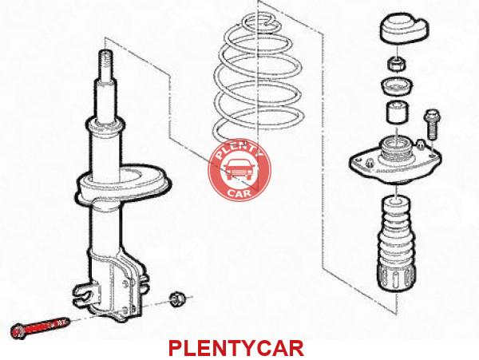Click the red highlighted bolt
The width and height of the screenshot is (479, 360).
[40, 327]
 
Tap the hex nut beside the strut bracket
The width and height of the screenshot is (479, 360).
[176, 299]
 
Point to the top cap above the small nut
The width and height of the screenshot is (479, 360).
[404, 28]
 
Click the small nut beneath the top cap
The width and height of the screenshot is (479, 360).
[397, 64]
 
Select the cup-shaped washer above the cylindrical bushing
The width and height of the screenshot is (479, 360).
[397, 86]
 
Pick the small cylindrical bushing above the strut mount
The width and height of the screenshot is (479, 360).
[397, 113]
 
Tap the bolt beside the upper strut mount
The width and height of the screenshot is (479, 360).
[431, 124]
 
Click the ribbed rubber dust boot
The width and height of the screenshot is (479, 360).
[396, 243]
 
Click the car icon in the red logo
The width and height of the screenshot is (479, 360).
[238, 169]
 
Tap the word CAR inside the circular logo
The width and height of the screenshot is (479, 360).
[239, 192]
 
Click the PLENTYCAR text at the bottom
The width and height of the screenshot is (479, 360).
[236, 348]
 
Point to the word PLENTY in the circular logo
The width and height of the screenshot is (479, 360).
[239, 150]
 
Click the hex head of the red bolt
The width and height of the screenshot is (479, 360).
[18, 331]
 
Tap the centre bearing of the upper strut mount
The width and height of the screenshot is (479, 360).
[396, 148]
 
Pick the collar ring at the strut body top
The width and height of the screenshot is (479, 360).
[106, 126]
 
